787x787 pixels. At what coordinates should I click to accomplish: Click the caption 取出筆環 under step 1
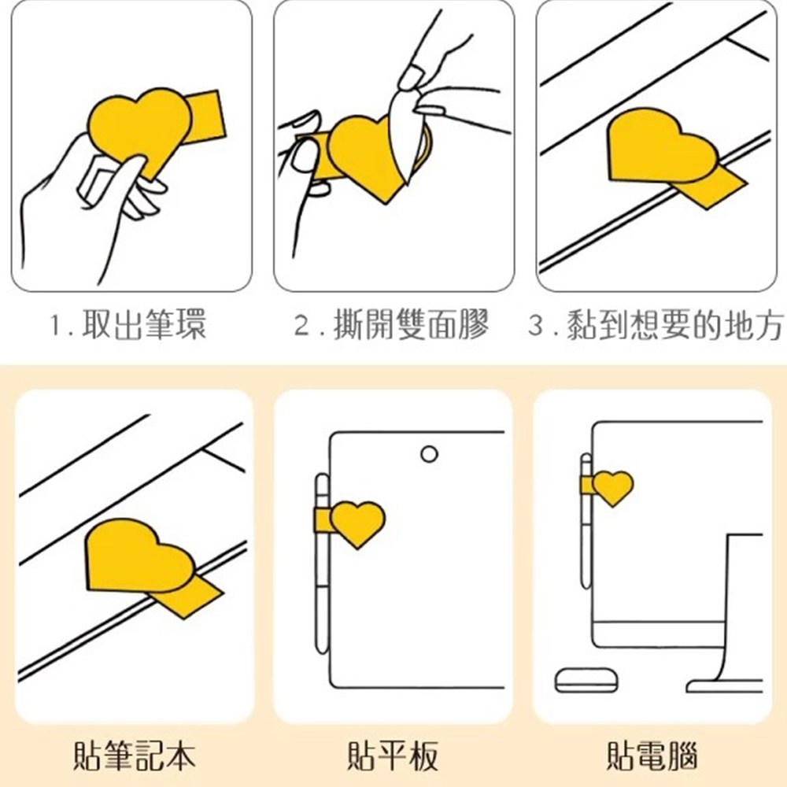[x=143, y=325]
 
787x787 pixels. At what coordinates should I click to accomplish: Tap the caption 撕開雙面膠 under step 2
[x=412, y=325]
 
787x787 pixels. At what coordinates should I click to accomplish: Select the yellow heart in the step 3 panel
[x=662, y=146]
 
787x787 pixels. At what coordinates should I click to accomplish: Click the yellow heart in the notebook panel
[x=139, y=557]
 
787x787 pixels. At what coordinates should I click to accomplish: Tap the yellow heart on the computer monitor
[x=612, y=487]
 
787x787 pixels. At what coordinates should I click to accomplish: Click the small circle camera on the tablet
[x=429, y=454]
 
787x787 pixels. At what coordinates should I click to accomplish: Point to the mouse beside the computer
[x=586, y=680]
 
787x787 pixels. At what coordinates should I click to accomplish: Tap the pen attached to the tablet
[x=322, y=563]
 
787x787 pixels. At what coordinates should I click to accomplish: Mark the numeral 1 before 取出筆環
[x=56, y=325]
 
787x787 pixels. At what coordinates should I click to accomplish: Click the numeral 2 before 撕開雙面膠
[x=303, y=325]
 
